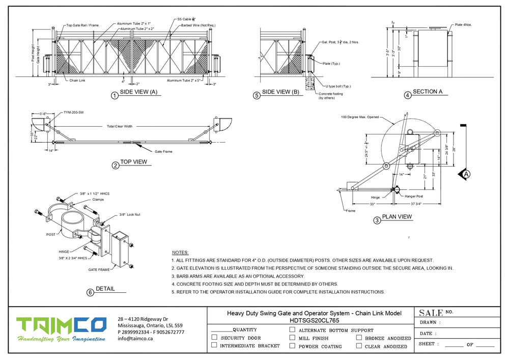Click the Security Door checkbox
tap(214, 337)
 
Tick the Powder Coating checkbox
tap(292, 346)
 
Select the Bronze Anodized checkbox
tap(359, 338)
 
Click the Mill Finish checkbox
tap(292, 338)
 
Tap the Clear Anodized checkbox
tap(359, 346)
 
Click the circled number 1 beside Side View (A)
tap(115, 95)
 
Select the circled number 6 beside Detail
tap(90, 292)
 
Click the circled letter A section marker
tap(466, 174)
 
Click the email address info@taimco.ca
tap(136, 338)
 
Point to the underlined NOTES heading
tap(180, 253)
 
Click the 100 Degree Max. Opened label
tap(360, 117)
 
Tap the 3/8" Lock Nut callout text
tap(129, 214)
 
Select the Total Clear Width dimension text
tap(119, 126)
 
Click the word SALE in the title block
tap(431, 312)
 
